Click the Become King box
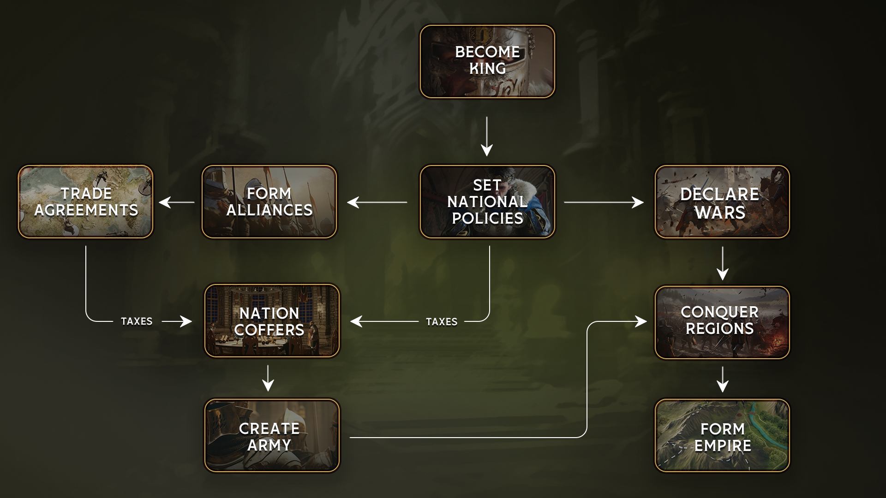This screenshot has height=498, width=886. tap(487, 61)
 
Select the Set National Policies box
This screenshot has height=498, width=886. tap(487, 202)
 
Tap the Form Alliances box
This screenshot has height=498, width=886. tap(269, 202)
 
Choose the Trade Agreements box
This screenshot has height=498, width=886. tap(86, 202)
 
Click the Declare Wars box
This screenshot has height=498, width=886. tap(722, 202)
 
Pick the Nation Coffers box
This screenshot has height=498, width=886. tap(272, 321)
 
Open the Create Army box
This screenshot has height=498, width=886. tap(272, 436)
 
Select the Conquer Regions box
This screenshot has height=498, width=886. tap(722, 322)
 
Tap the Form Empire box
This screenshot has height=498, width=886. tap(722, 436)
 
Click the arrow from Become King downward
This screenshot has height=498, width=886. tap(487, 136)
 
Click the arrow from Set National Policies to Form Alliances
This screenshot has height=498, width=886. tap(377, 202)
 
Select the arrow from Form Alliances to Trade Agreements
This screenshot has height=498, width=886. tap(177, 202)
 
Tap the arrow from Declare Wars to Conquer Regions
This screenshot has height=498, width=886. tap(722, 263)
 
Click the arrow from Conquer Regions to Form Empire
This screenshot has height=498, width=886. tap(722, 379)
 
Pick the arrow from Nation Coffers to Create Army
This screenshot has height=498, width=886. tap(268, 378)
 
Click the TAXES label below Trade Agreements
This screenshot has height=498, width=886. tap(137, 321)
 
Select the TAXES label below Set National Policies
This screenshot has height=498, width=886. tap(442, 321)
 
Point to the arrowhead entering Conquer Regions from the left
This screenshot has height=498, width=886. tap(641, 321)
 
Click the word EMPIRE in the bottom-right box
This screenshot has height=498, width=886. tap(723, 446)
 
